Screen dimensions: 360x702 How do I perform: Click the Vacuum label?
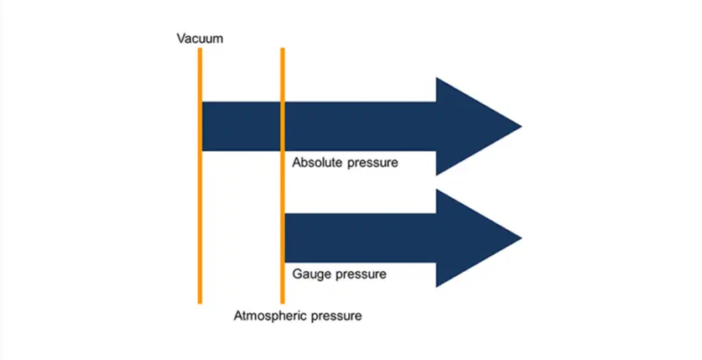coord(200,38)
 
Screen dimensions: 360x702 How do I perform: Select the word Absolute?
coord(318,162)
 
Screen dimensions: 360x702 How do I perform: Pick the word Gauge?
coord(310,274)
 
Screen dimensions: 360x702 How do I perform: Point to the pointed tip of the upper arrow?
coord(520,127)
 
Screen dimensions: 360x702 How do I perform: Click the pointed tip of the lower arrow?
coord(520,238)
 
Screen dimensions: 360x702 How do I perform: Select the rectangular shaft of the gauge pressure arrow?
coord(361,238)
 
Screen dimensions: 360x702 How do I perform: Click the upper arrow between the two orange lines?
coord(242,127)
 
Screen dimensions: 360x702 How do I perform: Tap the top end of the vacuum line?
coord(200,50)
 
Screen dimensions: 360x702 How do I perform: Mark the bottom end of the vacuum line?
coord(200,301)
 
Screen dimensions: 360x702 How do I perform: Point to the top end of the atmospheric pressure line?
coord(283,50)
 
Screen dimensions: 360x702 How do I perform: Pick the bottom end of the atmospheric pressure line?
coord(283,301)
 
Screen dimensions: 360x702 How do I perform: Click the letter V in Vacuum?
coord(180,38)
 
